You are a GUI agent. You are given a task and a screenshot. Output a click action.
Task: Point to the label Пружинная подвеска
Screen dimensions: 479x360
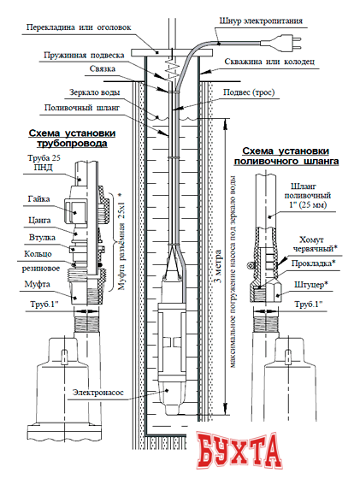(83, 54)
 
